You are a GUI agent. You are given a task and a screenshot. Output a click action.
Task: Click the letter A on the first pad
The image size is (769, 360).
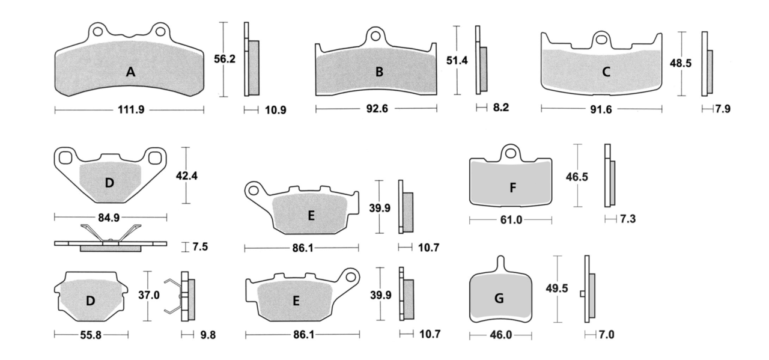click(x=130, y=72)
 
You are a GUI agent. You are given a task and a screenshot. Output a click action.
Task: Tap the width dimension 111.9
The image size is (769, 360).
click(x=131, y=110)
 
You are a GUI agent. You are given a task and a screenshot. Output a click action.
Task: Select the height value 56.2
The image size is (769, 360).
click(x=225, y=59)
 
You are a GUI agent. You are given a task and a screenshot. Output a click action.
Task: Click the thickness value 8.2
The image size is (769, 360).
click(x=501, y=108)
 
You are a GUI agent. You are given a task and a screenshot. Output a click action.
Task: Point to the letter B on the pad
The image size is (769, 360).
click(x=379, y=72)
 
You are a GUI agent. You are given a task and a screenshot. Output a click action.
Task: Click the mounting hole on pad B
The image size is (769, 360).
click(x=375, y=36)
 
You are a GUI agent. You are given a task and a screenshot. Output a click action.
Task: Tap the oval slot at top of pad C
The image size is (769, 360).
click(x=601, y=40)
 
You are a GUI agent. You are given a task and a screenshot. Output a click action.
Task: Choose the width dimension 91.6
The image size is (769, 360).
click(x=601, y=109)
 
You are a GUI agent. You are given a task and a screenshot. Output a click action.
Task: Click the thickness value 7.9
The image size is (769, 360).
click(x=723, y=109)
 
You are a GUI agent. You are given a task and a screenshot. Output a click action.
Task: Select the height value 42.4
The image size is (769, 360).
click(x=187, y=176)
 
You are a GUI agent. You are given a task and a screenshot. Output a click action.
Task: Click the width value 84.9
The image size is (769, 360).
click(x=109, y=218)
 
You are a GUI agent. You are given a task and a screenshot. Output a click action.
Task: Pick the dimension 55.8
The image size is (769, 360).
click(x=91, y=335)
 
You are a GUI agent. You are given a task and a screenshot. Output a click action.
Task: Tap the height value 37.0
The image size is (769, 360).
click(x=149, y=295)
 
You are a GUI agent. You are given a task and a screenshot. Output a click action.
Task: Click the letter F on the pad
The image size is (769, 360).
click(x=512, y=188)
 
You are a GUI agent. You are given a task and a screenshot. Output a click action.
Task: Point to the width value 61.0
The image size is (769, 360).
click(x=511, y=220)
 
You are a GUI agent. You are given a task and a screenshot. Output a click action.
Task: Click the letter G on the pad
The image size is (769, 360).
click(x=499, y=298)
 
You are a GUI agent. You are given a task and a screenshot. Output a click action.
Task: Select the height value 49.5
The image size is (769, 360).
click(x=557, y=288)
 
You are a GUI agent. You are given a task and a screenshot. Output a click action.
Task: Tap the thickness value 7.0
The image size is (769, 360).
click(x=607, y=335)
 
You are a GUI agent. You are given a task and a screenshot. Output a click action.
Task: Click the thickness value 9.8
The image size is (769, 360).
click(x=208, y=335)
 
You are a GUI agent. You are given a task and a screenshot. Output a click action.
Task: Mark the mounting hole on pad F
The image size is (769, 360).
click(x=510, y=153)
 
